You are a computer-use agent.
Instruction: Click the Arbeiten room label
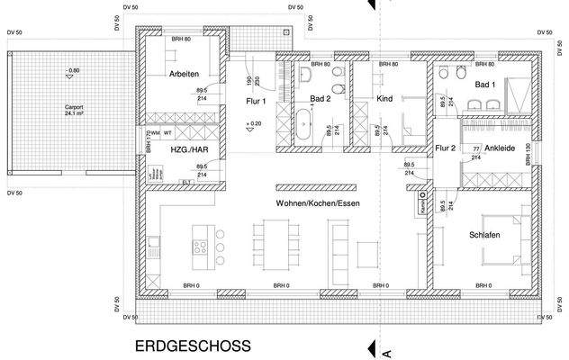184,74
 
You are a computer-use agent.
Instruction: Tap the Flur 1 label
257,102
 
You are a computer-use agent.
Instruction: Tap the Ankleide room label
500,148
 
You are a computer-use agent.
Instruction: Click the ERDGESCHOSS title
193,346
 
